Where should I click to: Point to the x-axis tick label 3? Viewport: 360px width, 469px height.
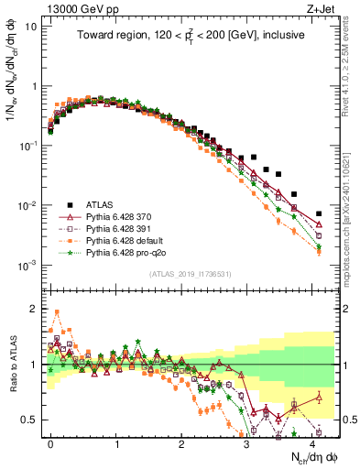[x=247, y=443]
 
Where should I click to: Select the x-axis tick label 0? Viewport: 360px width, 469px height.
[x=50, y=443]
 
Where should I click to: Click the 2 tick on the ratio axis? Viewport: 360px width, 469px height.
[x=33, y=308]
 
